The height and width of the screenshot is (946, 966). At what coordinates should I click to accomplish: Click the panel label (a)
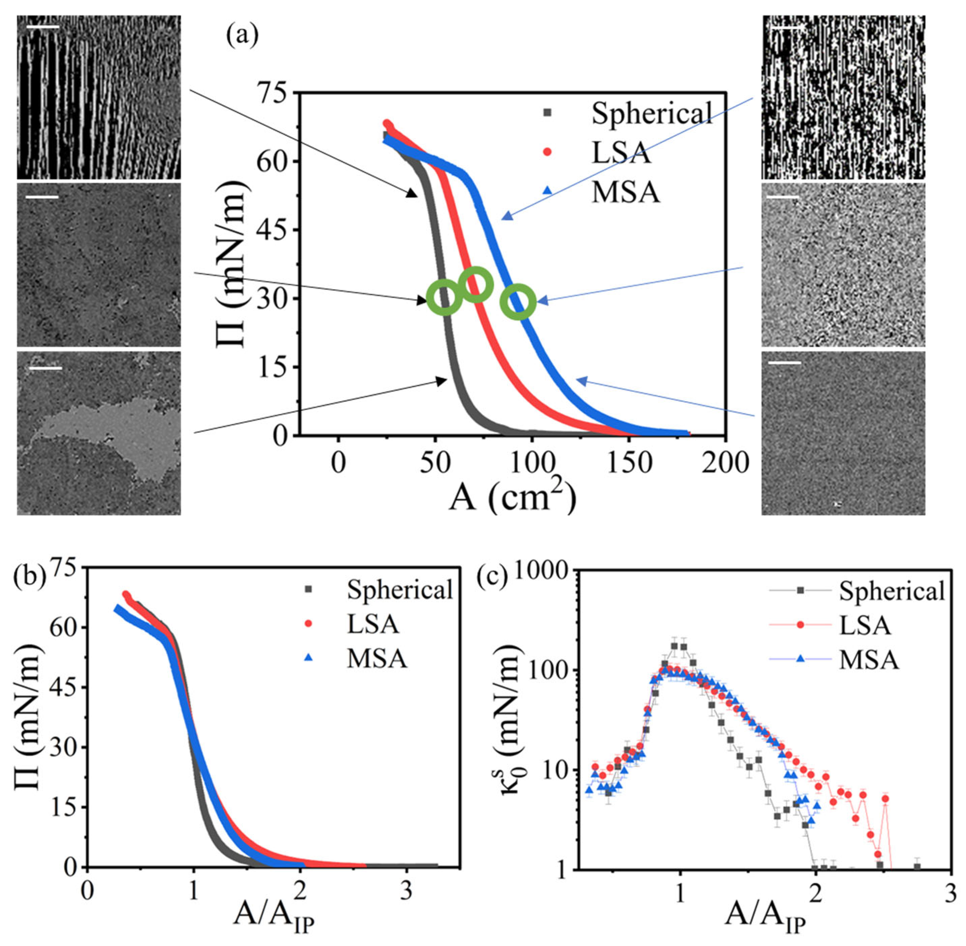tap(242, 36)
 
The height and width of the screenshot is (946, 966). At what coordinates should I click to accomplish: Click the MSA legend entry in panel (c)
tap(869, 660)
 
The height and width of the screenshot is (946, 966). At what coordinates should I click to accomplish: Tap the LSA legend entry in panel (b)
tap(372, 624)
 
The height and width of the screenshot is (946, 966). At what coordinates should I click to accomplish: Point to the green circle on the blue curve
tap(518, 302)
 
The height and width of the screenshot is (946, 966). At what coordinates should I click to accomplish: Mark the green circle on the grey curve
tap(445, 297)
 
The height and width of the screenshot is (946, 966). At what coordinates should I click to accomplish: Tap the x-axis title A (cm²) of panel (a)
tap(512, 498)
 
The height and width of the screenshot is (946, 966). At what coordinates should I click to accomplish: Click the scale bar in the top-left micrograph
tap(43, 26)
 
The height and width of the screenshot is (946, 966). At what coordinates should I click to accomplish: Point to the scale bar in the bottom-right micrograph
tap(785, 363)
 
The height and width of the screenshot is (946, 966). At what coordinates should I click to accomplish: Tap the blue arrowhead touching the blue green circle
tap(542, 300)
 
